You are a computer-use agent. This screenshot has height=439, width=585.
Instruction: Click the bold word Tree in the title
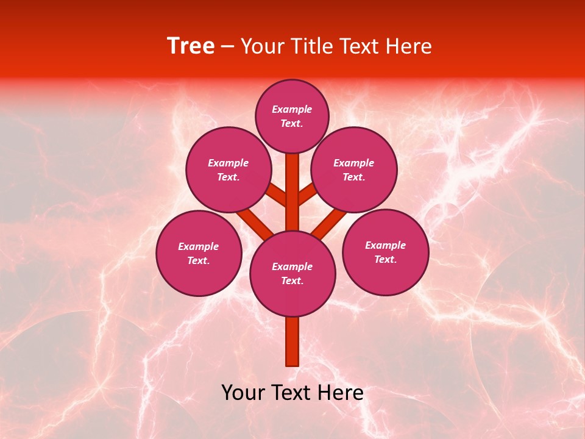pos(191,46)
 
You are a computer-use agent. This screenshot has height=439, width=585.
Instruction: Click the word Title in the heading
pos(310,46)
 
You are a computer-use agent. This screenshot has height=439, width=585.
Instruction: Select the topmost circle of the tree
pos(292,116)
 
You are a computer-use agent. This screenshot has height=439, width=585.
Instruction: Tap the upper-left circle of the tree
pos(229,170)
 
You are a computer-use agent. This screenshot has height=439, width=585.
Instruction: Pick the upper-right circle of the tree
pos(354,170)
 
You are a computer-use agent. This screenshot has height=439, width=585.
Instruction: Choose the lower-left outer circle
pos(199,253)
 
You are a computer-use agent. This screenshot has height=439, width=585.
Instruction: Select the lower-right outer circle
pos(385,252)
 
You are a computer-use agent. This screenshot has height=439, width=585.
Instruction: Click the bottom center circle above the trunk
pos(292,273)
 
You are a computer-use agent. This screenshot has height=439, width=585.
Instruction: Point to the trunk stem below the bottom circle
pos(292,341)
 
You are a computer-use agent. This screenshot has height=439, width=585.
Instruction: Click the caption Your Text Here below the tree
pos(292,393)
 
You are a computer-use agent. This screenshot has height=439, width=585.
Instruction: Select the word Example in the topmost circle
pos(292,109)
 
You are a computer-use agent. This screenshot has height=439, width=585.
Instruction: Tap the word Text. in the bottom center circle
pos(292,280)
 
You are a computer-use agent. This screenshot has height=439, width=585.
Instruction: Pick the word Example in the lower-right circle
pos(385,245)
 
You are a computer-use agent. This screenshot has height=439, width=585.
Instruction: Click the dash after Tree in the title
pos(227,46)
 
